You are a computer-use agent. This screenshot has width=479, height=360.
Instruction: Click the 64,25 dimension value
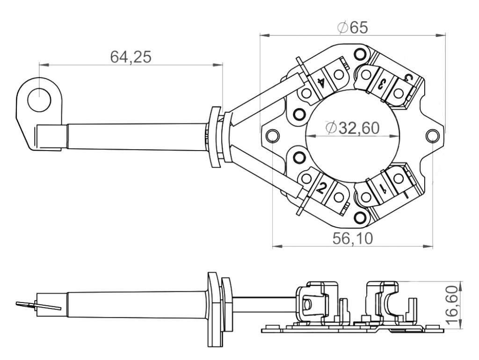click(131, 57)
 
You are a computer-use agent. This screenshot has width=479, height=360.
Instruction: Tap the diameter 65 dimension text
click(353, 28)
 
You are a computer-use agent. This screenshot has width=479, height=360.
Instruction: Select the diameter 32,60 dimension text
click(353, 128)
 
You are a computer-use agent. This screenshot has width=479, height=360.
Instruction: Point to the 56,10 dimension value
click(353, 238)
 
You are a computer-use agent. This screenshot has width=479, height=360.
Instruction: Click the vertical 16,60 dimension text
click(452, 305)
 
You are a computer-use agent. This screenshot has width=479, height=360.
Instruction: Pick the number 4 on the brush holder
click(321, 82)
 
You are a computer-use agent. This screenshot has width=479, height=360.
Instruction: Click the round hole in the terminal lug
click(39, 100)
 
